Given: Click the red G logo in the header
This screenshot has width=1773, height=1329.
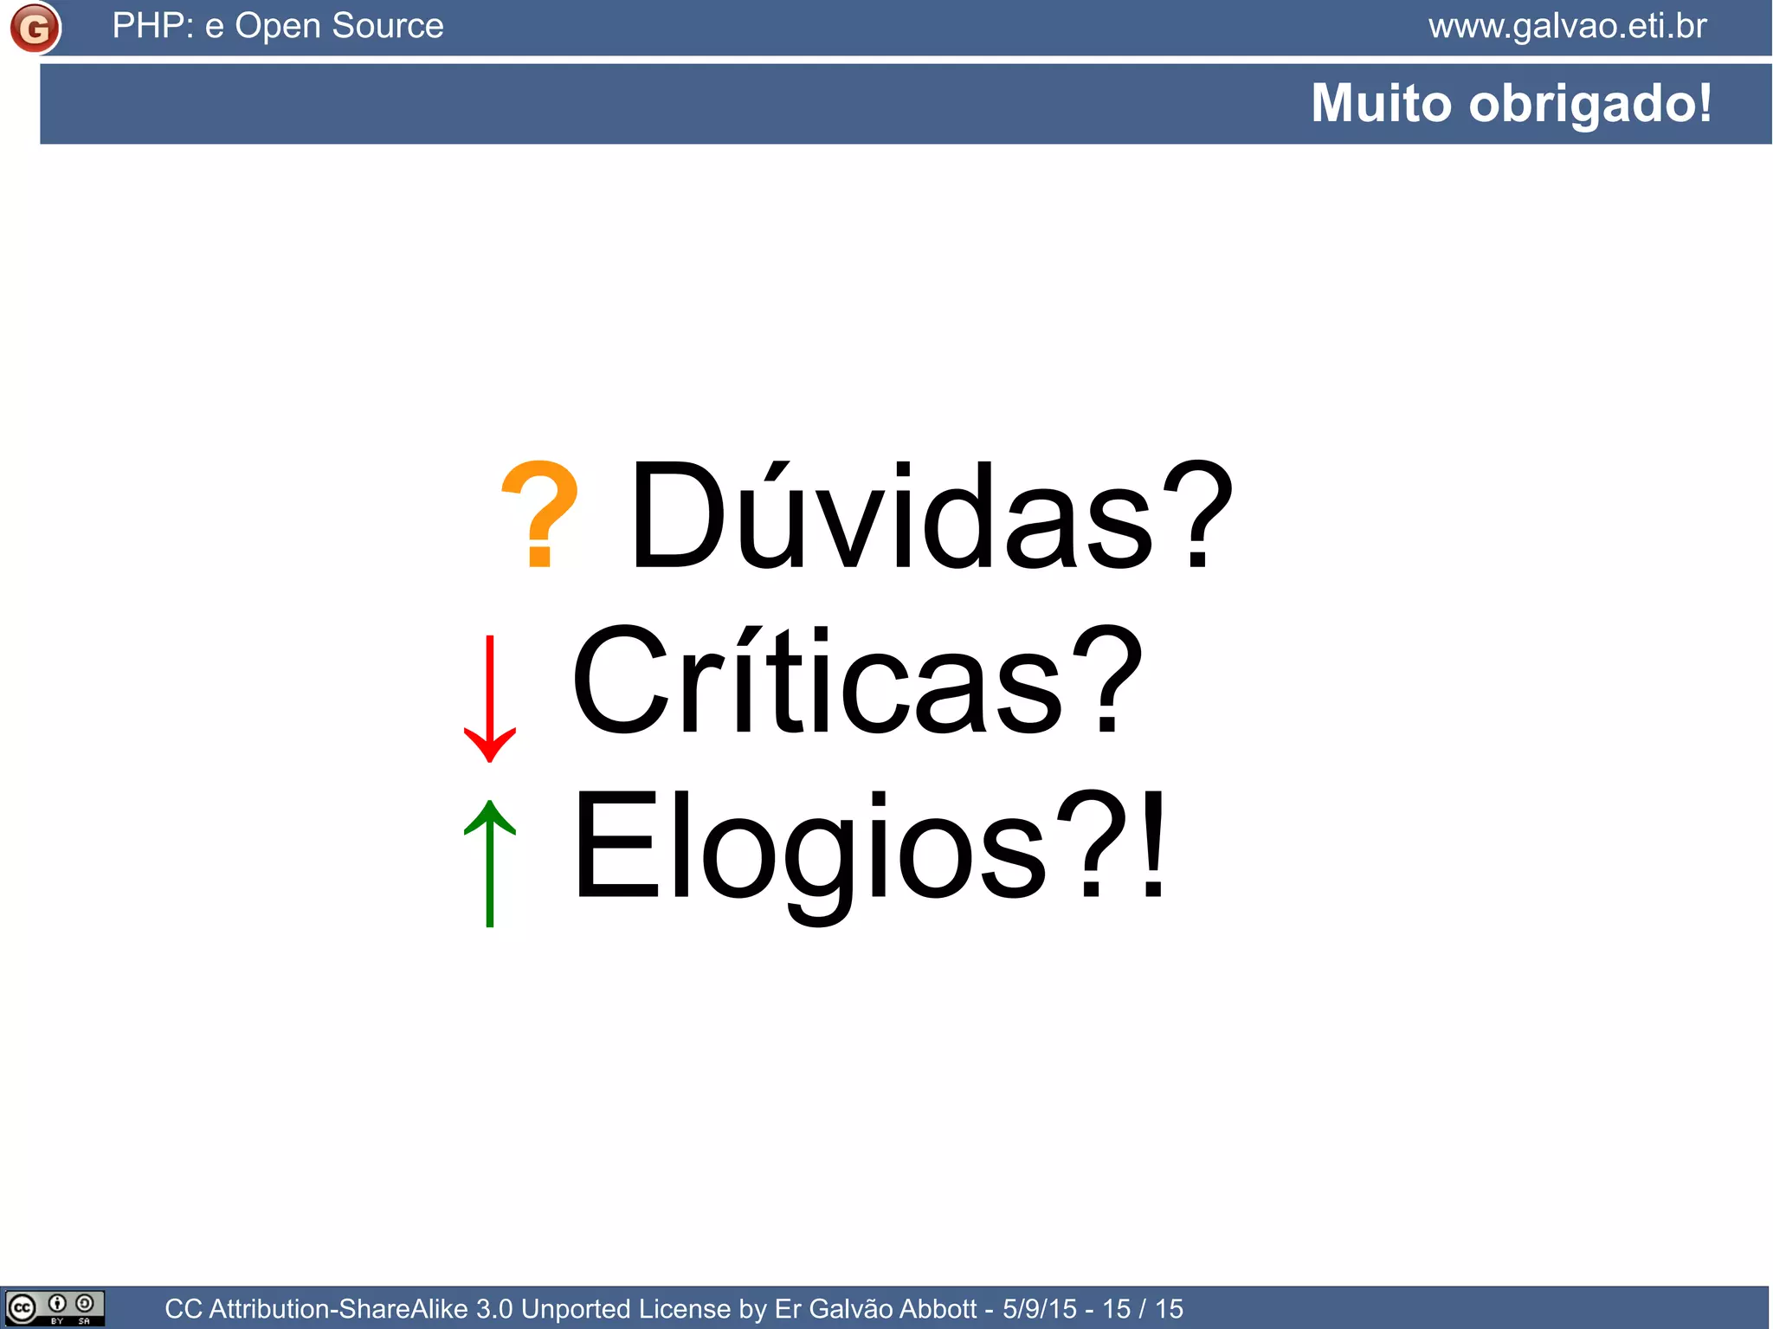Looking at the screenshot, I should pyautogui.click(x=35, y=28).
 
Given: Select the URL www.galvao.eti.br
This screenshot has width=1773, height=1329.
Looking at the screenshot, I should pyautogui.click(x=1567, y=26).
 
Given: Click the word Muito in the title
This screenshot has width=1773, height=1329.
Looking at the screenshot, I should pyautogui.click(x=1380, y=103).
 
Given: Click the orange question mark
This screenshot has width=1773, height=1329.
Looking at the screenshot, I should pyautogui.click(x=539, y=514).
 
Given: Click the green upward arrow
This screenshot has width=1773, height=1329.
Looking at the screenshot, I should pyautogui.click(x=490, y=862).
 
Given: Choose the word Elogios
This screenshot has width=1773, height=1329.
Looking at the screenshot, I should pyautogui.click(x=809, y=848).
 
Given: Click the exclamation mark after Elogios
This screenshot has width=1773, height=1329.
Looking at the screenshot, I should pyautogui.click(x=1152, y=845).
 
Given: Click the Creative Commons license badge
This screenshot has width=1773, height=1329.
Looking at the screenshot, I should pyautogui.click(x=55, y=1307).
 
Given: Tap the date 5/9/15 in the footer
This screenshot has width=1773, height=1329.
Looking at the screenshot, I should pyautogui.click(x=1039, y=1308).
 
